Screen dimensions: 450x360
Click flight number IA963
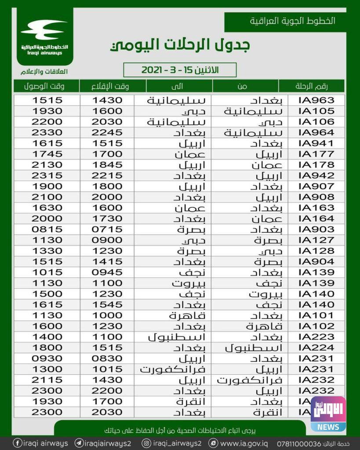(x=316, y=100)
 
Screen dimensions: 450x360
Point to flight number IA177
(x=316, y=154)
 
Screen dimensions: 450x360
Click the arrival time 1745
(x=47, y=154)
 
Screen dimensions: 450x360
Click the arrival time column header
(x=47, y=86)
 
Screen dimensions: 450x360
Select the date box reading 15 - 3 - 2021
(x=180, y=70)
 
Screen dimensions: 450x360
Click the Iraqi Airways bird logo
(x=44, y=30)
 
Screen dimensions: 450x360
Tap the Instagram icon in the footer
(x=146, y=443)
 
